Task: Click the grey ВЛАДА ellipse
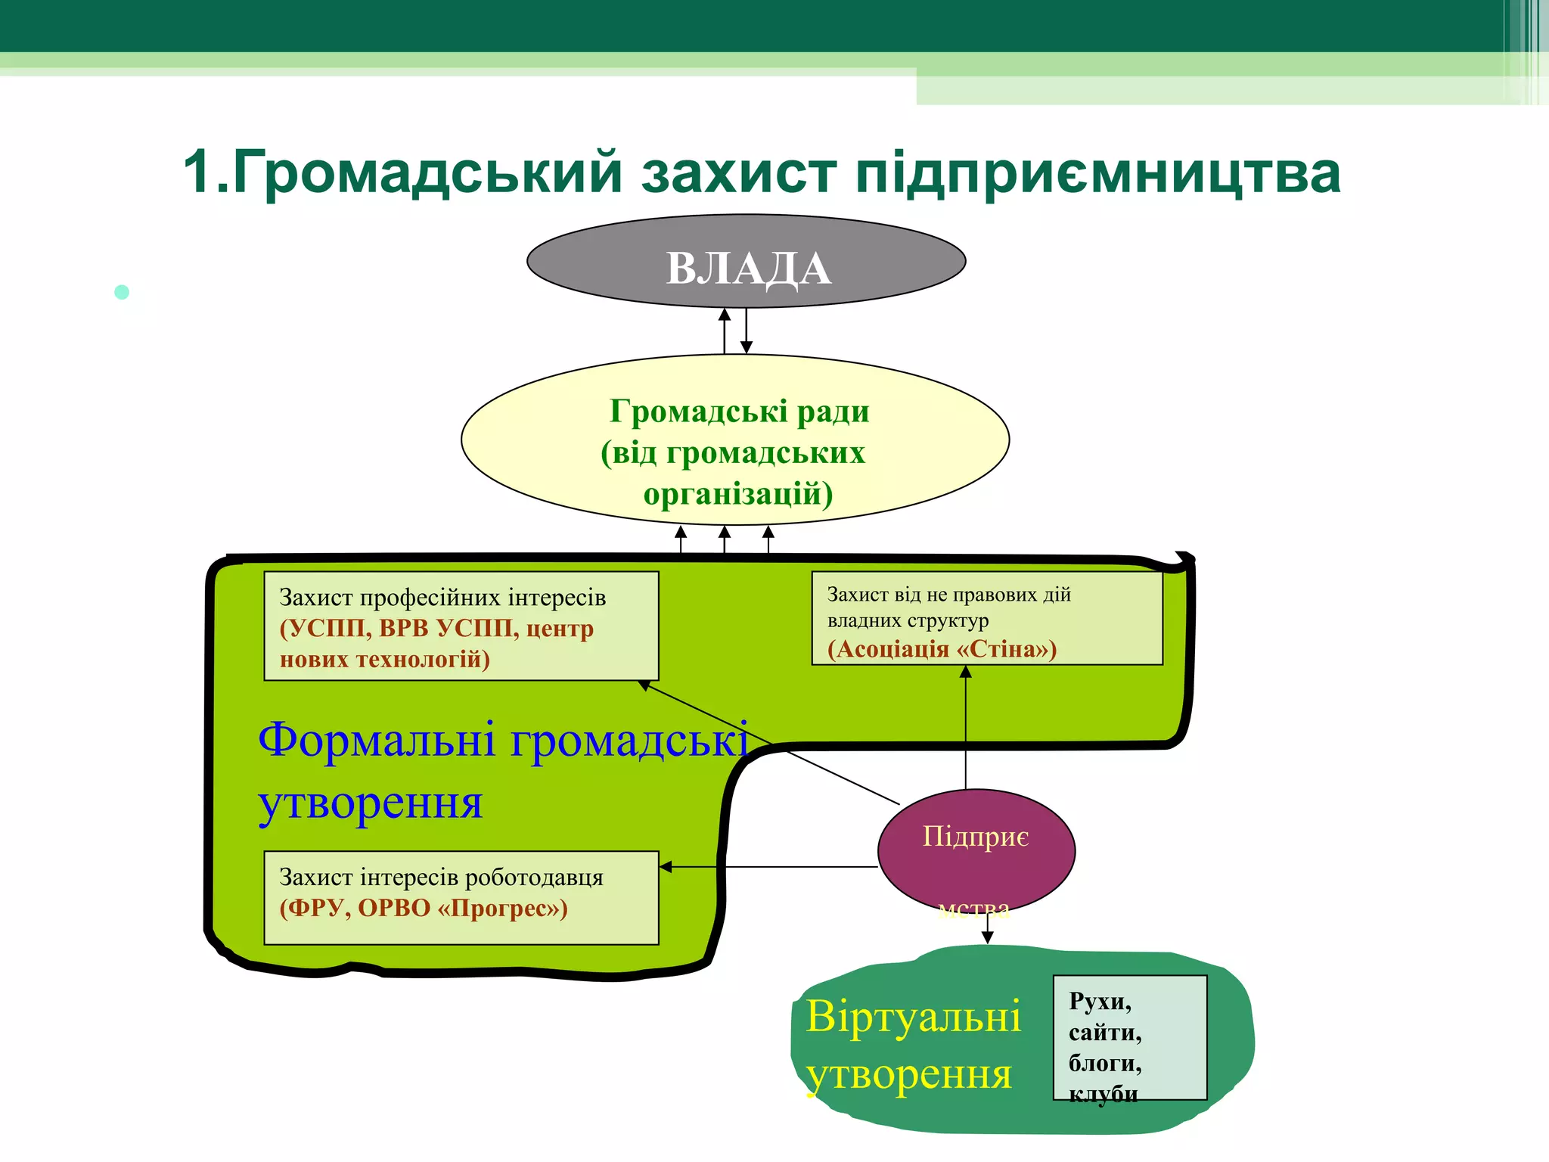746,262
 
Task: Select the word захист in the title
739,172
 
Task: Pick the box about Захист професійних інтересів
461,626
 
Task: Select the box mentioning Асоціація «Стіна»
986,619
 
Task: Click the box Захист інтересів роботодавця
461,898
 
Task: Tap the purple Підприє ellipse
976,851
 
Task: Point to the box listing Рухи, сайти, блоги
1129,1037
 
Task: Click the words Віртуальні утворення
913,1045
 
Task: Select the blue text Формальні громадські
503,740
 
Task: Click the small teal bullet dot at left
122,292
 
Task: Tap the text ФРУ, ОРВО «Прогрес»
424,908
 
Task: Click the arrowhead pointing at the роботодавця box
666,867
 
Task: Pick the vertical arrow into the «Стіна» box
965,726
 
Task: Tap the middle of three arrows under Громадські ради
725,538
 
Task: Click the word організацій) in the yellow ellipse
738,494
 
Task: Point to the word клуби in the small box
1103,1094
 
